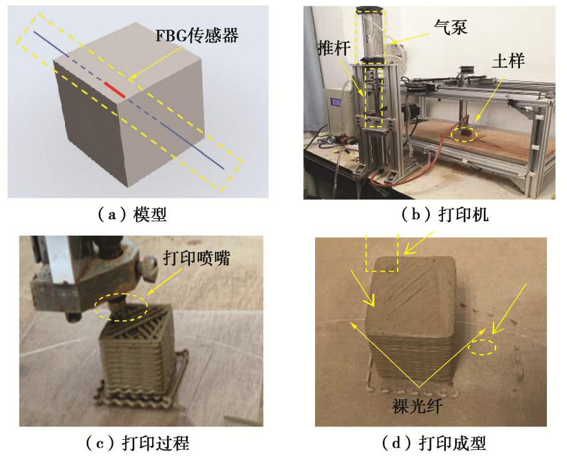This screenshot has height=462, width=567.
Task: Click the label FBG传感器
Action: coord(197,36)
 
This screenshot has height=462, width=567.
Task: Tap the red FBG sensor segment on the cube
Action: coord(115,90)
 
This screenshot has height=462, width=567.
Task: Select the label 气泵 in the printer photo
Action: coord(451,27)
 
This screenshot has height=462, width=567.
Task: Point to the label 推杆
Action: coord(334,48)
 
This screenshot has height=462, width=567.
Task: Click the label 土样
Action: coord(508,61)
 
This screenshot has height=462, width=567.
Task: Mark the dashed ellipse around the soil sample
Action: coord(464,135)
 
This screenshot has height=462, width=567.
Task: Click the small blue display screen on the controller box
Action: coord(336,102)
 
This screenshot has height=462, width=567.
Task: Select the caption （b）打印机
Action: coord(445,215)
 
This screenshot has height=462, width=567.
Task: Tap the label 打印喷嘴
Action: coord(196,258)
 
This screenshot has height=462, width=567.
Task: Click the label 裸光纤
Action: coord(417,406)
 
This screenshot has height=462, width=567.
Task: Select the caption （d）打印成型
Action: coord(434,443)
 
